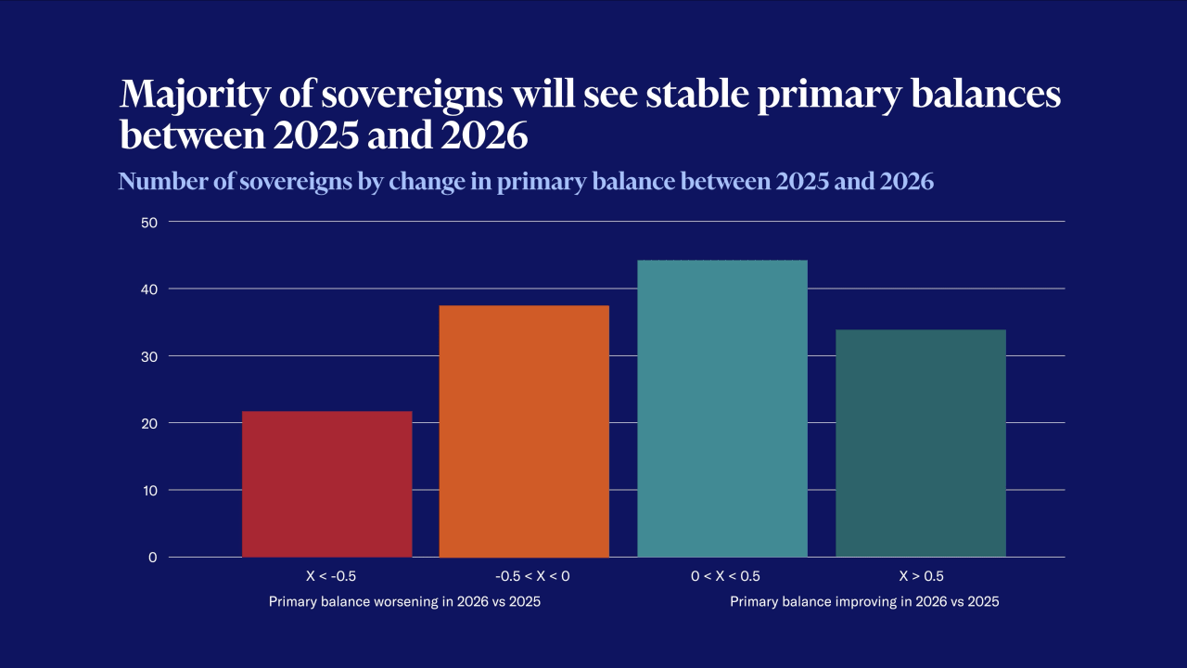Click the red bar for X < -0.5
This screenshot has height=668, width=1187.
(326, 483)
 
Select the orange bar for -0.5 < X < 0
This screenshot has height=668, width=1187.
(524, 431)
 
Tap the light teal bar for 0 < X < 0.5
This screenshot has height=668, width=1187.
(722, 408)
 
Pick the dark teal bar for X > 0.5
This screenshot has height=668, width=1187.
(920, 443)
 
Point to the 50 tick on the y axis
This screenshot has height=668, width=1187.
(150, 222)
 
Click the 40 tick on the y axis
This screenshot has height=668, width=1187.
(150, 289)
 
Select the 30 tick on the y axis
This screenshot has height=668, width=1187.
(150, 356)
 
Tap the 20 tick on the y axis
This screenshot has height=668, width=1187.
(150, 423)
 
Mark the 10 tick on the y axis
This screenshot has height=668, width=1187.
(150, 490)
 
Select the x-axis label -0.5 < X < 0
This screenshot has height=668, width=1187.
(525, 576)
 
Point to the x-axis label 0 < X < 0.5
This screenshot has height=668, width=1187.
(725, 576)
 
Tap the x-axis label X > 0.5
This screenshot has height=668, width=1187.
(921, 576)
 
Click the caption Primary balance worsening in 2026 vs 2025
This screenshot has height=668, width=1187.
(404, 602)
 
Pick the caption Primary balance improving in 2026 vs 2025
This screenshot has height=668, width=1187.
(864, 602)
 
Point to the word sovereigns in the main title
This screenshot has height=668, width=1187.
(386, 96)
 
